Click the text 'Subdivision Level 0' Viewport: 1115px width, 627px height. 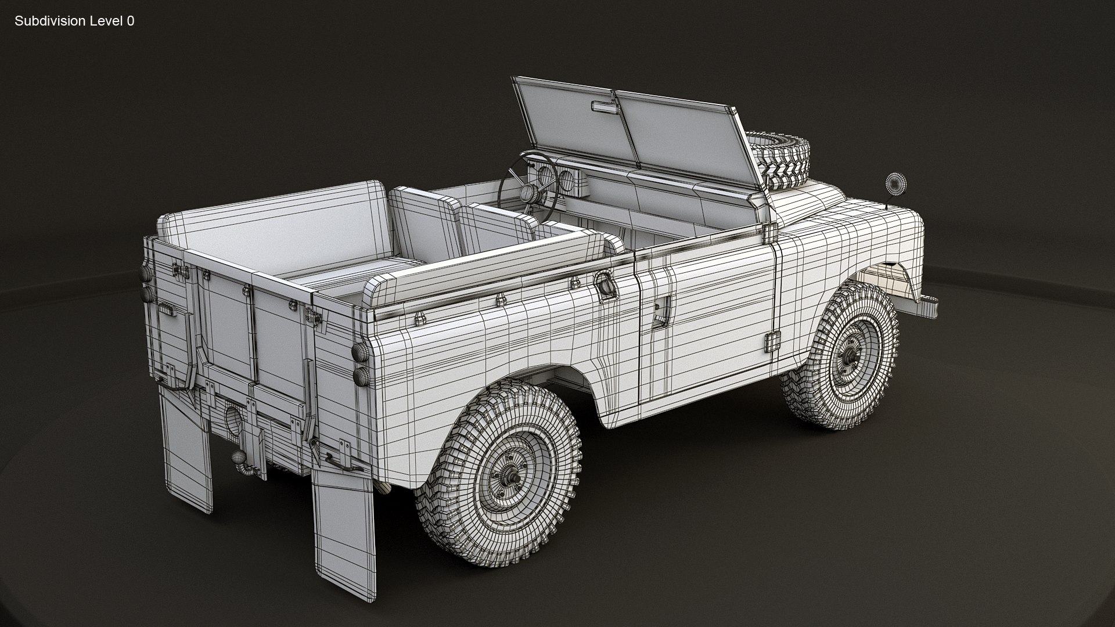click(x=74, y=21)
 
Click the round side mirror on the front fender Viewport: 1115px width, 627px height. click(x=893, y=184)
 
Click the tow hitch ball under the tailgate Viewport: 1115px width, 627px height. click(x=238, y=457)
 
